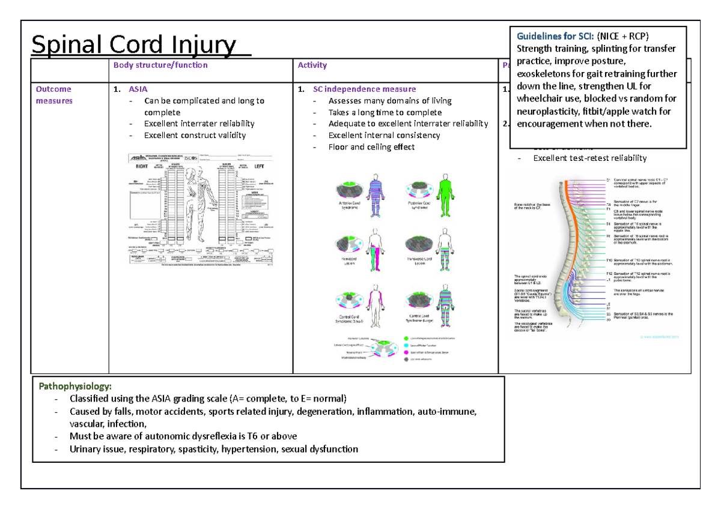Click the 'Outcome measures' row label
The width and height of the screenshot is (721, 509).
coord(53,95)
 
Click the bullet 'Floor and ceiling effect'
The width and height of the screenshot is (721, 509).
coord(371,147)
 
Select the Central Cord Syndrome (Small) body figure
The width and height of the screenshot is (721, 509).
coord(377,306)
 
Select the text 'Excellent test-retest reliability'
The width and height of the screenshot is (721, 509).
coord(590,158)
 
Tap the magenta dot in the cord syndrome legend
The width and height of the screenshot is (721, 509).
coord(406,352)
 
